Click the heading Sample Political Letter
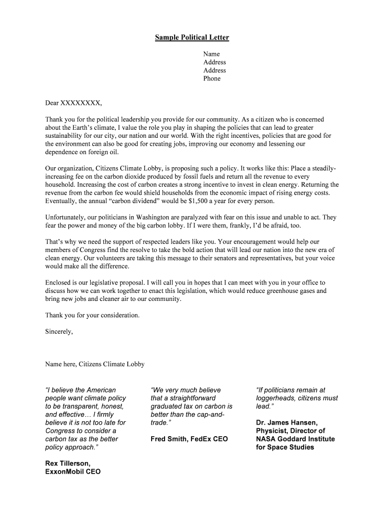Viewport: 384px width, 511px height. [192, 38]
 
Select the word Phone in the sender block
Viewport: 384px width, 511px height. [211, 78]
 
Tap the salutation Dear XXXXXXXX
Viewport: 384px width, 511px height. [73, 103]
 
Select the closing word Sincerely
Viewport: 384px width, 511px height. [59, 331]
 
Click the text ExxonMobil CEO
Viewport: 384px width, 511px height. [73, 471]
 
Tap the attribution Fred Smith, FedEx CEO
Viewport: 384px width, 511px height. [189, 439]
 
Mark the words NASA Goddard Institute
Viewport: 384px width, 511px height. [295, 439]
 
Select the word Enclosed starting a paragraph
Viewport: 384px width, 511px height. [60, 282]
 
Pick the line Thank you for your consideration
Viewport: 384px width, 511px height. [92, 315]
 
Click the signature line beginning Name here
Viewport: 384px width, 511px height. [95, 364]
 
